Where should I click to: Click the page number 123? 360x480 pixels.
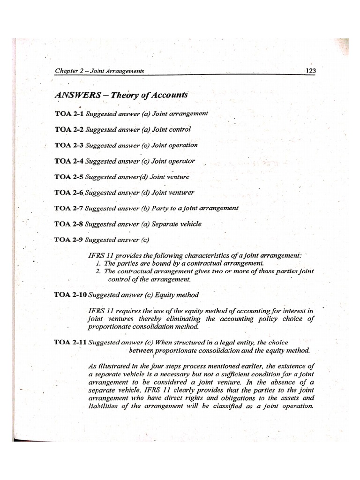(x=310, y=71)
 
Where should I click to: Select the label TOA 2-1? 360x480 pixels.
(x=69, y=114)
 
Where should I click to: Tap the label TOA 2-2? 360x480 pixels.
(x=69, y=129)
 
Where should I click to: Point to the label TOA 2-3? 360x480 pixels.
(x=69, y=145)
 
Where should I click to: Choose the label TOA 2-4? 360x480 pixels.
(x=69, y=161)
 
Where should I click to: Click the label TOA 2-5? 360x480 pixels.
(x=69, y=177)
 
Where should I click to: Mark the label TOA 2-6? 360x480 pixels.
(x=69, y=192)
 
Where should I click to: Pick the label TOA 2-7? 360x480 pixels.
(x=69, y=208)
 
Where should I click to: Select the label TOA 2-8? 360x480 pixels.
(x=69, y=224)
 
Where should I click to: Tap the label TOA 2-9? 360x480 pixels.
(x=69, y=240)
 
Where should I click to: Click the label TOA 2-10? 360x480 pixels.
(x=71, y=295)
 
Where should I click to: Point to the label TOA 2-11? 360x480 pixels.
(x=71, y=342)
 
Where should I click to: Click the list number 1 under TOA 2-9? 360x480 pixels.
(x=98, y=263)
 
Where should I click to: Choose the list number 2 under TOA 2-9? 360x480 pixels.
(x=98, y=271)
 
